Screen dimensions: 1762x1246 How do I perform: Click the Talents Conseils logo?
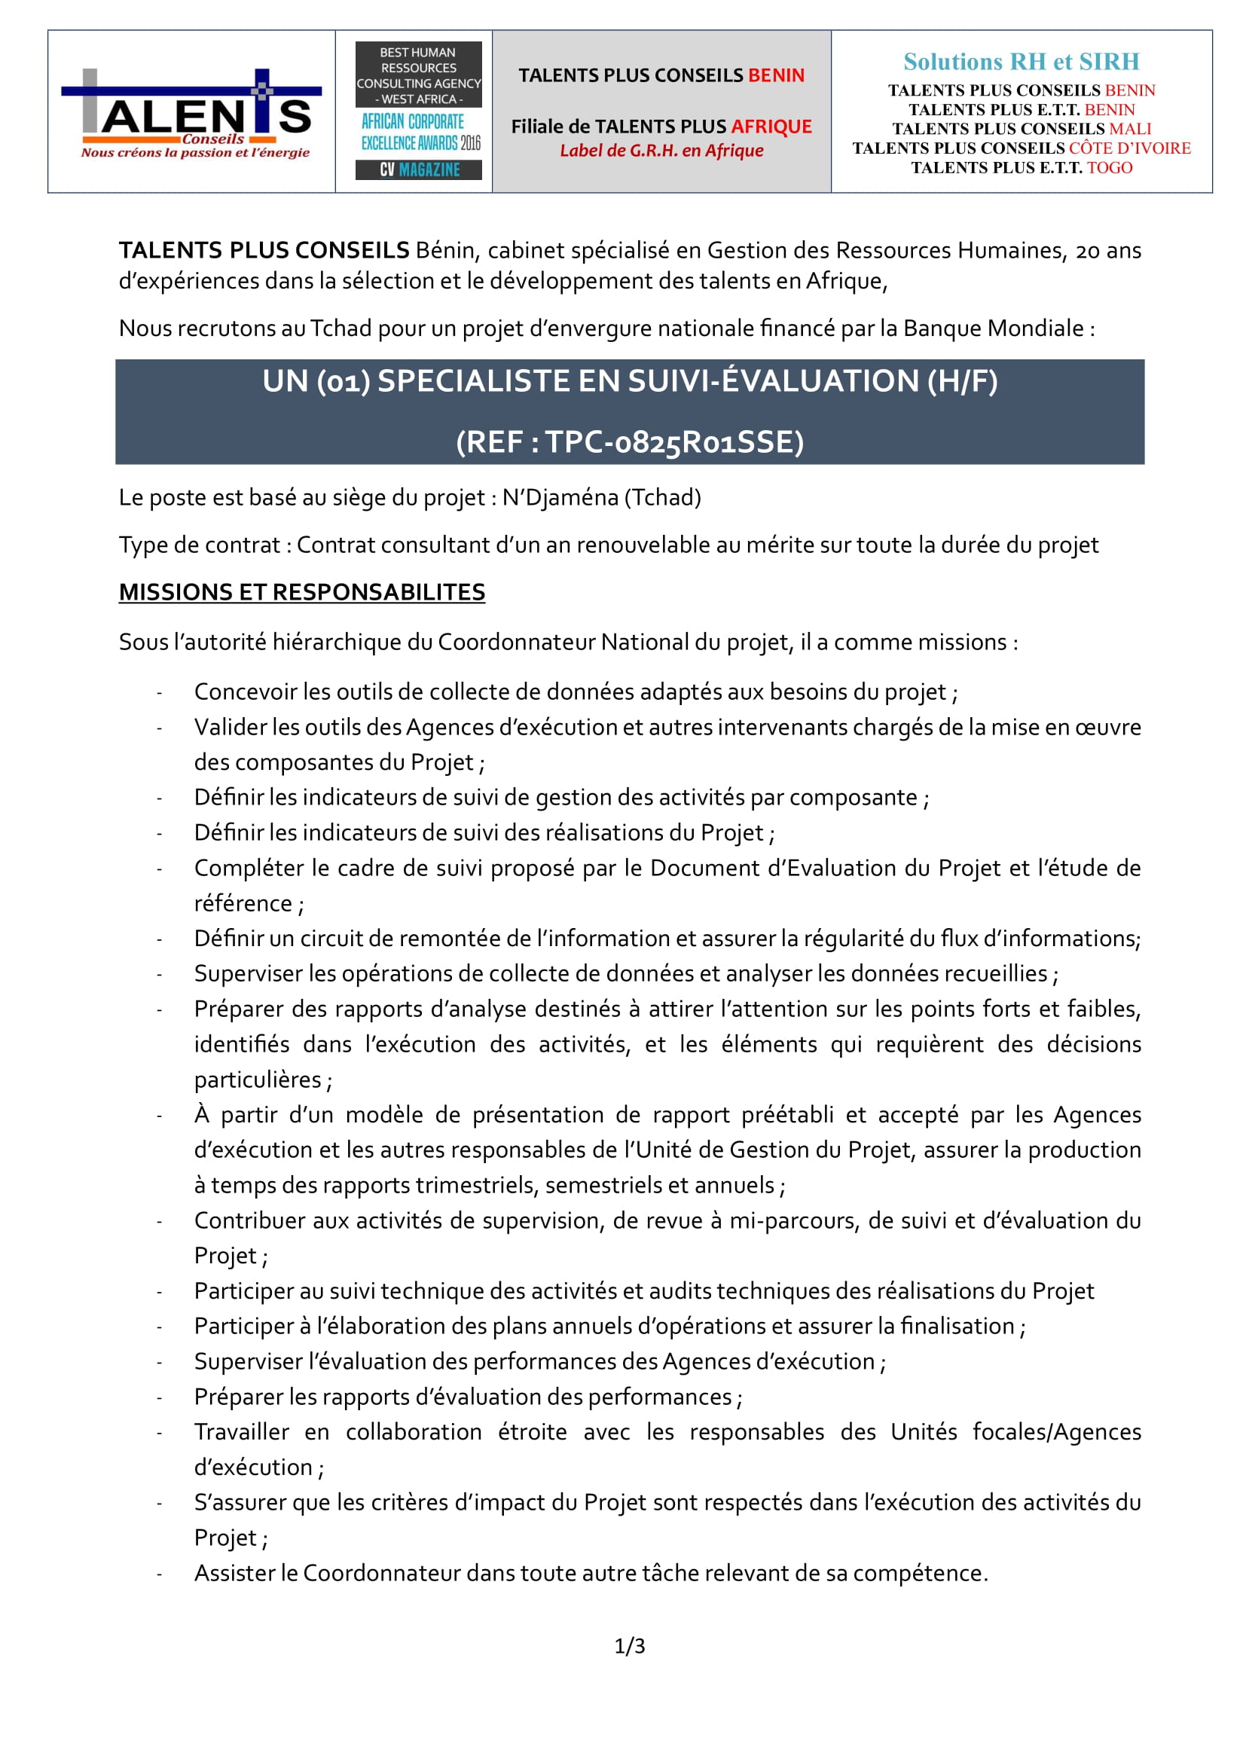pyautogui.click(x=191, y=113)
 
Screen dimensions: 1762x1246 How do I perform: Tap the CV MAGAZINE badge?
pyautogui.click(x=418, y=169)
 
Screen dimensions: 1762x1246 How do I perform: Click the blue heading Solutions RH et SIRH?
pyautogui.click(x=1021, y=61)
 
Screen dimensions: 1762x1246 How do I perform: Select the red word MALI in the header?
pyautogui.click(x=1129, y=129)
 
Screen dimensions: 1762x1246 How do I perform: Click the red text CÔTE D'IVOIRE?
pyautogui.click(x=1129, y=148)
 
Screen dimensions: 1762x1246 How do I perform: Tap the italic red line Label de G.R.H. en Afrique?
pyautogui.click(x=661, y=151)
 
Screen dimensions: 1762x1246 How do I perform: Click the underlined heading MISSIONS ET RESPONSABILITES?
pyautogui.click(x=301, y=591)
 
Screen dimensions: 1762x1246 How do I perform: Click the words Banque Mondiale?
pyautogui.click(x=993, y=328)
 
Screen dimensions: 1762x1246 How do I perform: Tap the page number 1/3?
pyautogui.click(x=629, y=1645)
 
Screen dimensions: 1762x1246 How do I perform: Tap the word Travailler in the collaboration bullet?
pyautogui.click(x=241, y=1431)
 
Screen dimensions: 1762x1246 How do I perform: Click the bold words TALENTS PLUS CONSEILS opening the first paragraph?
pyautogui.click(x=264, y=250)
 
